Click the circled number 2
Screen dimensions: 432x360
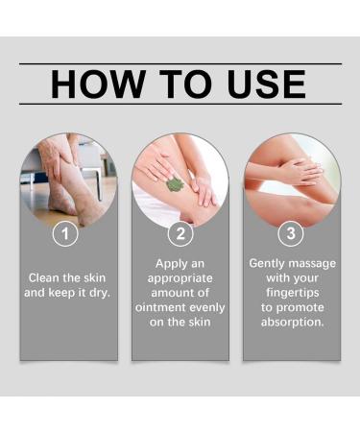180,233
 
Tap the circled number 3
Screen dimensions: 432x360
291,233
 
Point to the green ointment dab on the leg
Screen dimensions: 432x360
175,183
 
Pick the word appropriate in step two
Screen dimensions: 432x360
180,276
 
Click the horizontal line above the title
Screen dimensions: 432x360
180,63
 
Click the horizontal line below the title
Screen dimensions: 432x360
180,104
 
